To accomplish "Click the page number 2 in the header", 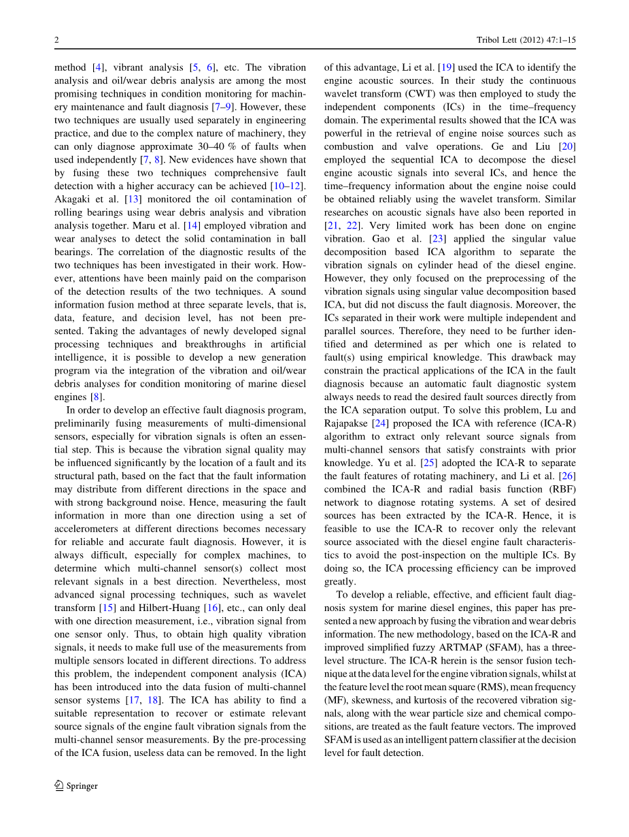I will tap(56, 41).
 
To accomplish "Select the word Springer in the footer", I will tap(82, 786).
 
